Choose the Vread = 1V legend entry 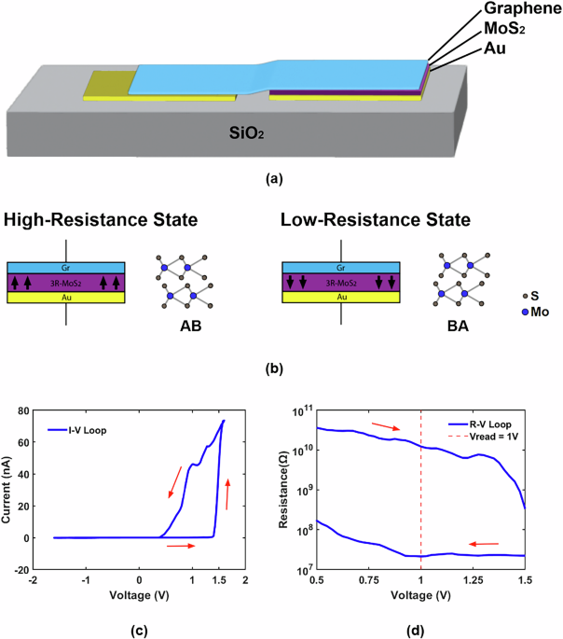[486, 438]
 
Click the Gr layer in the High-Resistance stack [65, 267]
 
